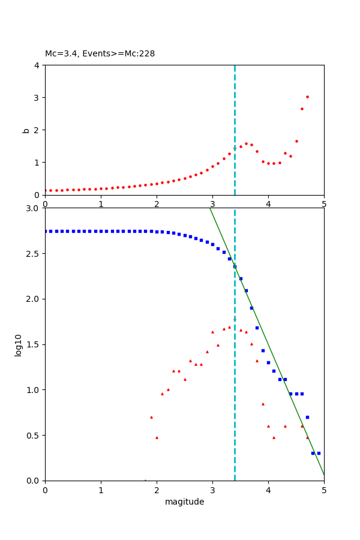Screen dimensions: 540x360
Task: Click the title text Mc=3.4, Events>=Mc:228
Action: coord(100,54)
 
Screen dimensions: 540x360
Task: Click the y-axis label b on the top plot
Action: coord(26,130)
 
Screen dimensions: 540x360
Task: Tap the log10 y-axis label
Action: coord(19,345)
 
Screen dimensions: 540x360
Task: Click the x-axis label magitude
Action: coord(184,502)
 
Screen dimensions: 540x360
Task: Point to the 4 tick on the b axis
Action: coord(37,65)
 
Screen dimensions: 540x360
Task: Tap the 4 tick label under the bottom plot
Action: coord(268,490)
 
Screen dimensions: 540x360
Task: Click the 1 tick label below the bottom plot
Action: coord(101,490)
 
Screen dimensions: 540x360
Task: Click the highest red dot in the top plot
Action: coord(307,97)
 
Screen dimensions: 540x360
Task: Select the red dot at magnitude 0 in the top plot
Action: coord(46,190)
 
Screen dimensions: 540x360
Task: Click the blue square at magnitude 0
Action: coord(46,231)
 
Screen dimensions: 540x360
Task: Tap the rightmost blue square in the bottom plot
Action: coord(319,453)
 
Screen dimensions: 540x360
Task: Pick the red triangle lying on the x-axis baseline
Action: coord(145,480)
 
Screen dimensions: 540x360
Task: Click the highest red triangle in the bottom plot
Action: coord(229,327)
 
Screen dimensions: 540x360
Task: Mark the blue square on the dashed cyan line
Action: coord(235,266)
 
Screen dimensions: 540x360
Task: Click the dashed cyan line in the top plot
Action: coord(235,120)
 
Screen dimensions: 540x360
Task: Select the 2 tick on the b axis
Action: coord(37,130)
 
